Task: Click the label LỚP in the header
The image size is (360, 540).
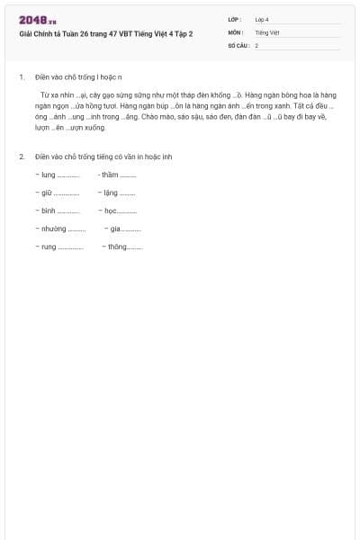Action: pos(234,19)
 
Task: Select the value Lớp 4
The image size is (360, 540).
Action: pos(262,19)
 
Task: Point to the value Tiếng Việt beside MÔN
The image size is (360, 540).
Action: pos(267,31)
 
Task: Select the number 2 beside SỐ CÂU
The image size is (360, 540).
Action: pos(256,44)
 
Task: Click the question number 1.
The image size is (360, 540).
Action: pos(22,77)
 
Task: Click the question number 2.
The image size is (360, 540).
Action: pos(22,157)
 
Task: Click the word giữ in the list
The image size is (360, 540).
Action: pos(47,193)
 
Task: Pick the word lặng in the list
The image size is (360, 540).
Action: pos(111,193)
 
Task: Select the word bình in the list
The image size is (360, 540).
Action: pos(49,211)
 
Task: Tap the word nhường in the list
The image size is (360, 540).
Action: pos(54,229)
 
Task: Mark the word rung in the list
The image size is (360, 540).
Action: pos(49,246)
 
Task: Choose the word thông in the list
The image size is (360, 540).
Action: pos(117,246)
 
